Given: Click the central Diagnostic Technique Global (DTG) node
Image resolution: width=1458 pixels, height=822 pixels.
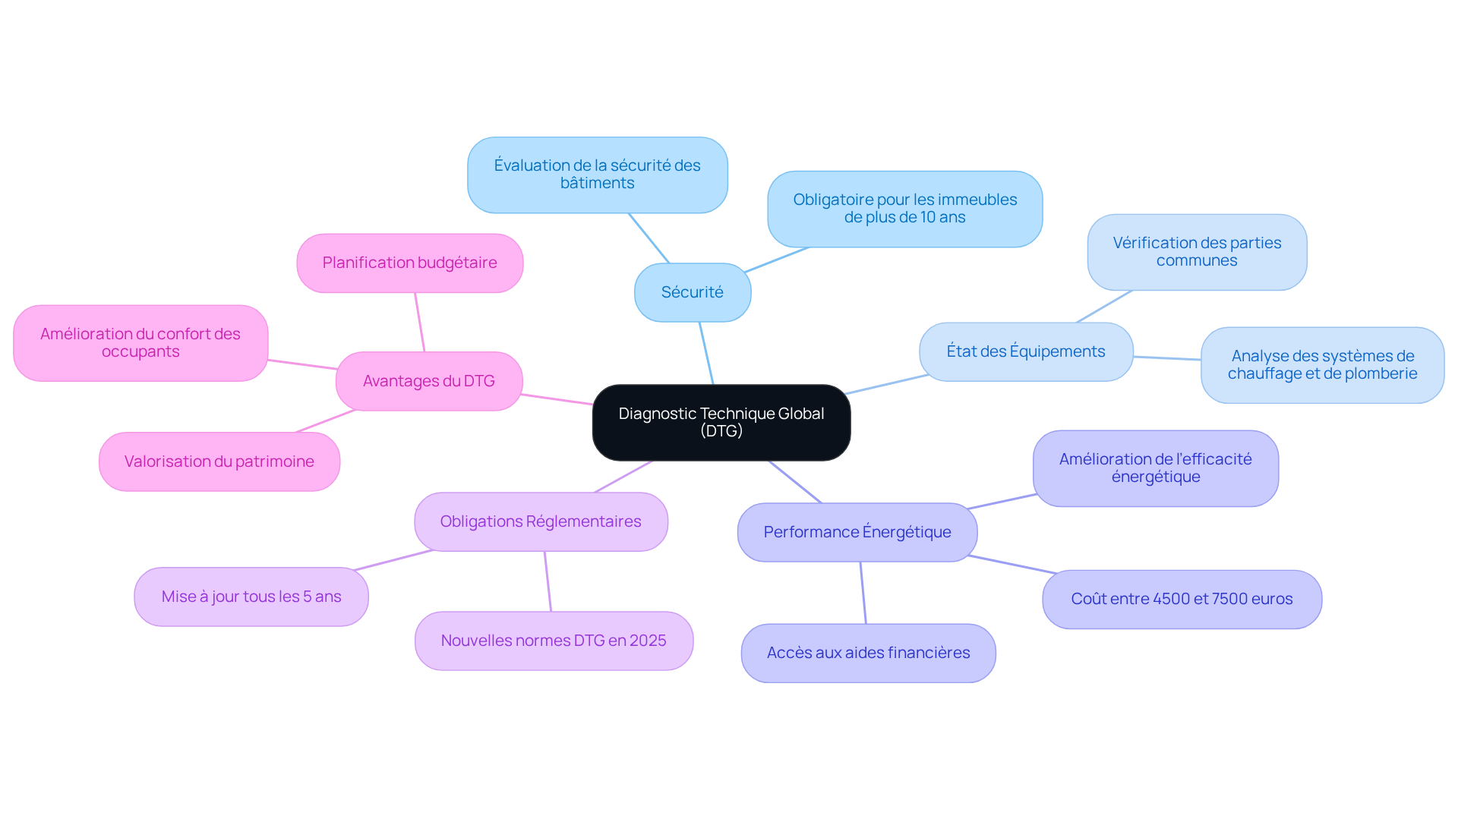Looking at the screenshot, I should coord(721,422).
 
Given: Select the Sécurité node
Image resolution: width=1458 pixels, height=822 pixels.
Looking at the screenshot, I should coord(692,292).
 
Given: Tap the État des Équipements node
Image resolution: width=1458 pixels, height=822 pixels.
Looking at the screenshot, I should coord(1025,351).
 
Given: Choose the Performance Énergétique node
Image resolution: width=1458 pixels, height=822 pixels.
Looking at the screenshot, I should coord(857,532).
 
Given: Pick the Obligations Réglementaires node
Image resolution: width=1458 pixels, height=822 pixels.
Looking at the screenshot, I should coord(541,521).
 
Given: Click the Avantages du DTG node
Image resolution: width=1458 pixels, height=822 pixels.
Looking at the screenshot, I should coord(428,381).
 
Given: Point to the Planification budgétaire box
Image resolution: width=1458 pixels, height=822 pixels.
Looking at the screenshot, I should coord(409,263).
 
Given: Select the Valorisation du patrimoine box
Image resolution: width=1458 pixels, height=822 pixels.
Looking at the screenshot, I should coord(219,461).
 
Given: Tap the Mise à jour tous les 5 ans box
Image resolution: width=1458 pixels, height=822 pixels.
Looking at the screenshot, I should coord(251,597).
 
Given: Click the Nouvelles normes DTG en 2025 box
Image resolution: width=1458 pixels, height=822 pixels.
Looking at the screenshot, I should coord(553,641).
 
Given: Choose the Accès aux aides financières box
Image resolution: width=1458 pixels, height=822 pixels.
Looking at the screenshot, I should coord(868,653).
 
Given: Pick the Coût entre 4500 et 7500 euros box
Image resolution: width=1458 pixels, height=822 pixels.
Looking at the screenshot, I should coord(1181,599).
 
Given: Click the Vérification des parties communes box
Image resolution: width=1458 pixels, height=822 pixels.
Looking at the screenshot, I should coord(1196,251).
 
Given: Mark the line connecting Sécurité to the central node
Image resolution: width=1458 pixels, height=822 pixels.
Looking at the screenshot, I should coord(706,353).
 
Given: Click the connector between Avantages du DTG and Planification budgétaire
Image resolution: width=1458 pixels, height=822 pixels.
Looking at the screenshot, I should coord(419,322).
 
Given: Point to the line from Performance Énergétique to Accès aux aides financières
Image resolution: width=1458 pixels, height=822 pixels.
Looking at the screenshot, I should coord(863,593).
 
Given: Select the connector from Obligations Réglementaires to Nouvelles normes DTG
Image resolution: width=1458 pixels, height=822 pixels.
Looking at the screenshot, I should coord(548,581).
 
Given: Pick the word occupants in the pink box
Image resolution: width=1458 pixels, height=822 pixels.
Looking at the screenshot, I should coord(140,351).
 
